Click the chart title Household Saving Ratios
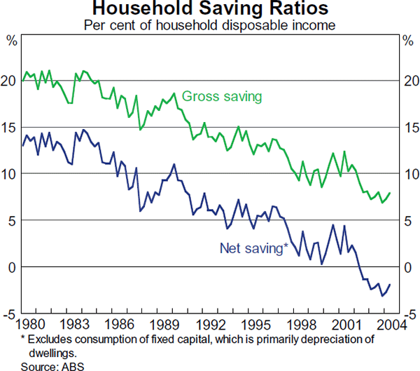[210, 9]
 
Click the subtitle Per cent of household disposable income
[210, 25]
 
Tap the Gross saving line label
[222, 96]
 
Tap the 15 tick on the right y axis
[409, 128]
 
